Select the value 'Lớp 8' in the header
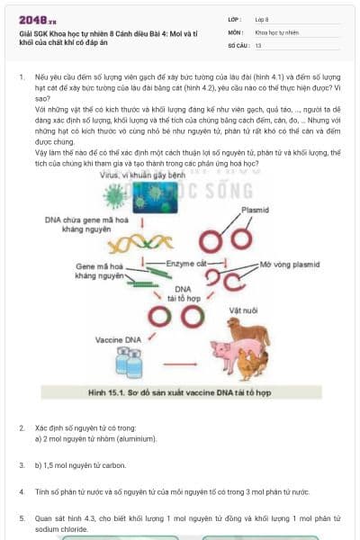261,19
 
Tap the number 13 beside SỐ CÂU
258,44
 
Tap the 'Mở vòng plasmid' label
287,265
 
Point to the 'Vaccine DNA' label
118,339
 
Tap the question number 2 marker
22,427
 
